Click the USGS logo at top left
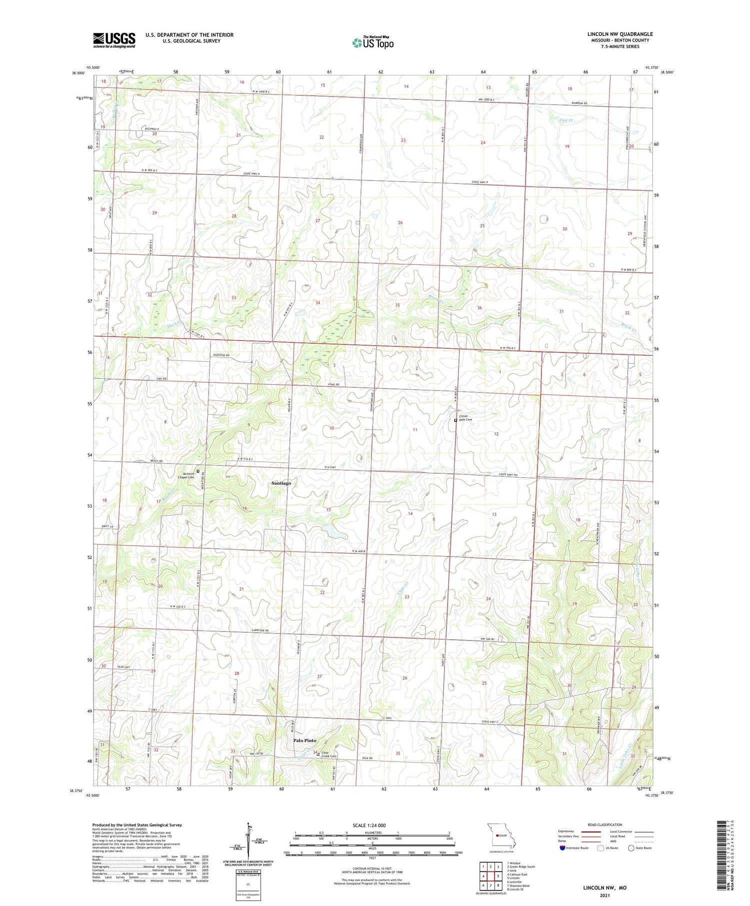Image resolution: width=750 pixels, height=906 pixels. click(x=114, y=40)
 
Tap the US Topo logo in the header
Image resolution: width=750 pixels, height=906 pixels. click(x=372, y=42)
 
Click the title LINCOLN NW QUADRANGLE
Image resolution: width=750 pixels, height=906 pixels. click(x=619, y=34)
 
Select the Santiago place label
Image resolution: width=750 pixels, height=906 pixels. click(x=280, y=483)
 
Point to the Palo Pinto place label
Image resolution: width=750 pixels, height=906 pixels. click(x=304, y=740)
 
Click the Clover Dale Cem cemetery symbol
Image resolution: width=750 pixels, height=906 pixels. click(x=455, y=420)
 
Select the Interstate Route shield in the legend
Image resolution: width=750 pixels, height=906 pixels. click(x=563, y=848)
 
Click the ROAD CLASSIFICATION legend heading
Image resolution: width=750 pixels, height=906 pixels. click(x=605, y=825)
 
